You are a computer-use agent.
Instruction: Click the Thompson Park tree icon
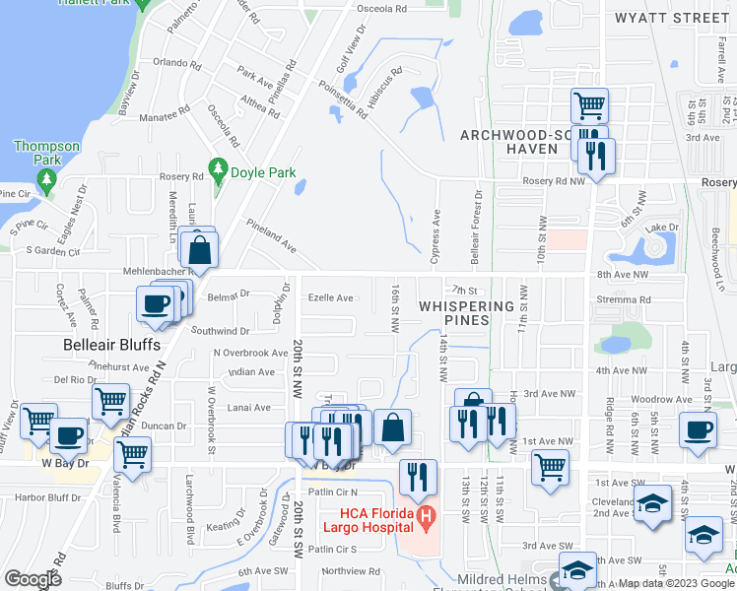[46, 178]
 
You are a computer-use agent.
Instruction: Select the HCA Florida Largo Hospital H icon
[426, 514]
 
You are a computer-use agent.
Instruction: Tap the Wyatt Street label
[671, 18]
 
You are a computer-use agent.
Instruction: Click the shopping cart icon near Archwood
[588, 104]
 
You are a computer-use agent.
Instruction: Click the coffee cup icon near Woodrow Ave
[698, 428]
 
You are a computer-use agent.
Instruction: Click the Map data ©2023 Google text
[675, 583]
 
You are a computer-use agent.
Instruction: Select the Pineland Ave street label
[271, 236]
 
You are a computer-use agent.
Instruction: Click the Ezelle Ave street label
[330, 297]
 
